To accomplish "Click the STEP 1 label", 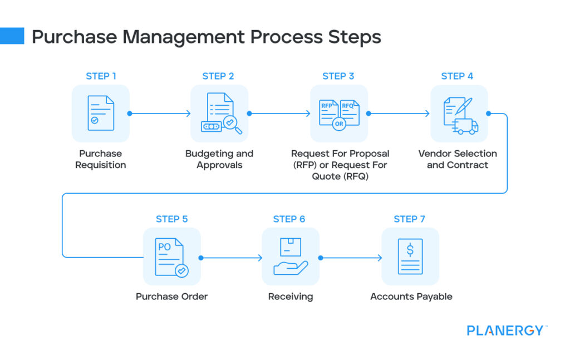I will [x=101, y=76].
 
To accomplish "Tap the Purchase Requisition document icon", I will [x=101, y=113].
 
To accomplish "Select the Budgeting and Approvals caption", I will [x=219, y=159].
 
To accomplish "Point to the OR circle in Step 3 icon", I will [x=338, y=124].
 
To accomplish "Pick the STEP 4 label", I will [x=457, y=76].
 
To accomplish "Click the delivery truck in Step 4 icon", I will [x=465, y=127].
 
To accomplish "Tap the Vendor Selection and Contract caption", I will [x=458, y=159].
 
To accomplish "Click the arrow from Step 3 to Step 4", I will [x=399, y=114].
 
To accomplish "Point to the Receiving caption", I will [x=291, y=297].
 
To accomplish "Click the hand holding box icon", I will [x=291, y=257].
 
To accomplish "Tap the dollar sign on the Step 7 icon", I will [x=410, y=250].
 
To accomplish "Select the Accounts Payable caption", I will [x=411, y=297].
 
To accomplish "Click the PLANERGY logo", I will [x=505, y=331].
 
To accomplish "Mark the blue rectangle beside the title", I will [x=12, y=36].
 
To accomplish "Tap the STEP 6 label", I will [x=289, y=219].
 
